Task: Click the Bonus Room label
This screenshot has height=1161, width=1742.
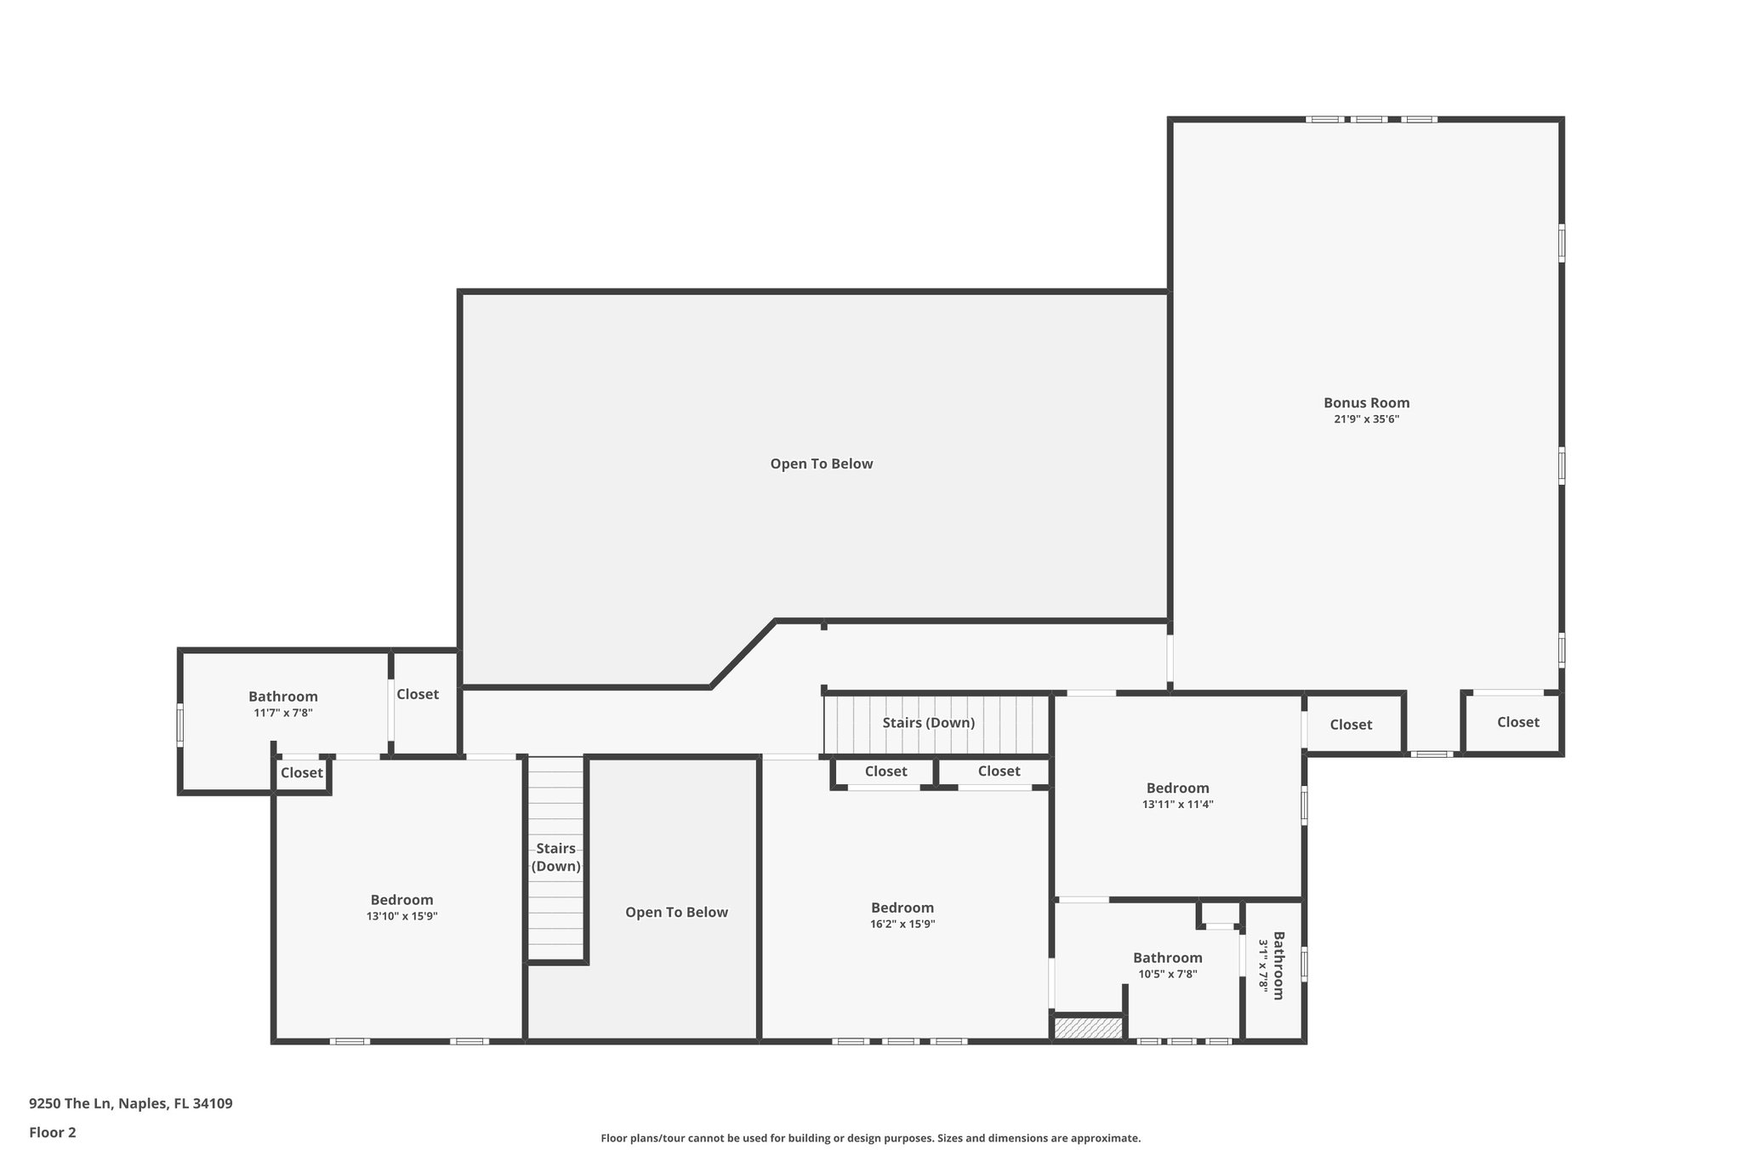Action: pos(1366,403)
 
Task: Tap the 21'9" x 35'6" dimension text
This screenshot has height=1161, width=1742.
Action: pos(1366,419)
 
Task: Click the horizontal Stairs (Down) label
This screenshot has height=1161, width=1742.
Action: pos(928,723)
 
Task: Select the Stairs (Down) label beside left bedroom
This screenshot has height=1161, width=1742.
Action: pos(556,857)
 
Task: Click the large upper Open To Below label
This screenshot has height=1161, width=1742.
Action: pos(821,464)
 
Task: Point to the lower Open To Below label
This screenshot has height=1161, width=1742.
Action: pos(676,913)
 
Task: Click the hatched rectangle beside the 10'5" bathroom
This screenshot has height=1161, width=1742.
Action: pos(1088,1028)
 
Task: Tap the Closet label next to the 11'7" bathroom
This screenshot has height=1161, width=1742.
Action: pos(418,694)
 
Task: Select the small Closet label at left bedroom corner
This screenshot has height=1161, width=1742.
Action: pos(302,773)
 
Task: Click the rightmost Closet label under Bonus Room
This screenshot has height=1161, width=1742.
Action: pos(1517,722)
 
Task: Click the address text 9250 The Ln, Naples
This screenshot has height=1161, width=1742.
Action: pos(130,1104)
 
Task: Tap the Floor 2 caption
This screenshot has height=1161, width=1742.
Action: pos(53,1133)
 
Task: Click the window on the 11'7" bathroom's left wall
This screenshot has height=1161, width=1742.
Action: pos(179,725)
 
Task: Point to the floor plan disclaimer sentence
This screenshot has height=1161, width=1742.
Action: pos(870,1138)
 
